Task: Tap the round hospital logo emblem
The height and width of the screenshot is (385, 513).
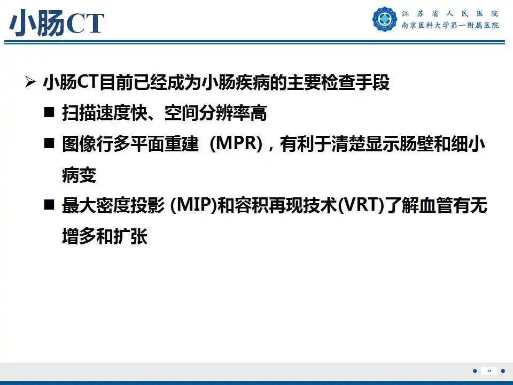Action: click(385, 19)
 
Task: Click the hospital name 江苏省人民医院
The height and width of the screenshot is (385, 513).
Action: click(450, 13)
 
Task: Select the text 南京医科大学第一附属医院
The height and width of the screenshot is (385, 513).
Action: click(450, 26)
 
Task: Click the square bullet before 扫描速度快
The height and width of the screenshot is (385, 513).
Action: click(50, 113)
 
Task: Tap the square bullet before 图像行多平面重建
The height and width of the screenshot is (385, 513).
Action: click(50, 144)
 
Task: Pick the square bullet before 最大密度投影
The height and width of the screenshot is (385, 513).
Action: click(50, 206)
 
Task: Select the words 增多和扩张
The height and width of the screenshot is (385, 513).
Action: click(105, 237)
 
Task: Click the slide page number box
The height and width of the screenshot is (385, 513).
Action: click(489, 371)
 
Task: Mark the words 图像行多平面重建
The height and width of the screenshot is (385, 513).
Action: click(130, 145)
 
